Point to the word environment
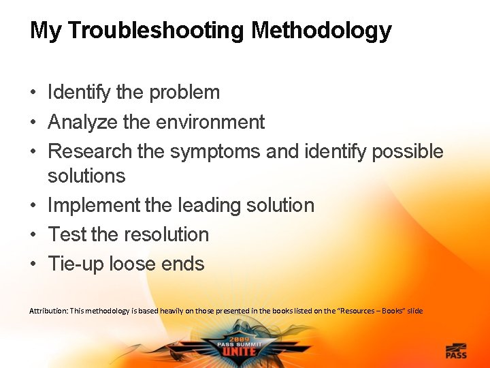pos(210,123)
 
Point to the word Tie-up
pos(75,264)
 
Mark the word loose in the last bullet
pos(135,264)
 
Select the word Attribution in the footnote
pos(50,311)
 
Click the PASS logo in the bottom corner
pos(455,352)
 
